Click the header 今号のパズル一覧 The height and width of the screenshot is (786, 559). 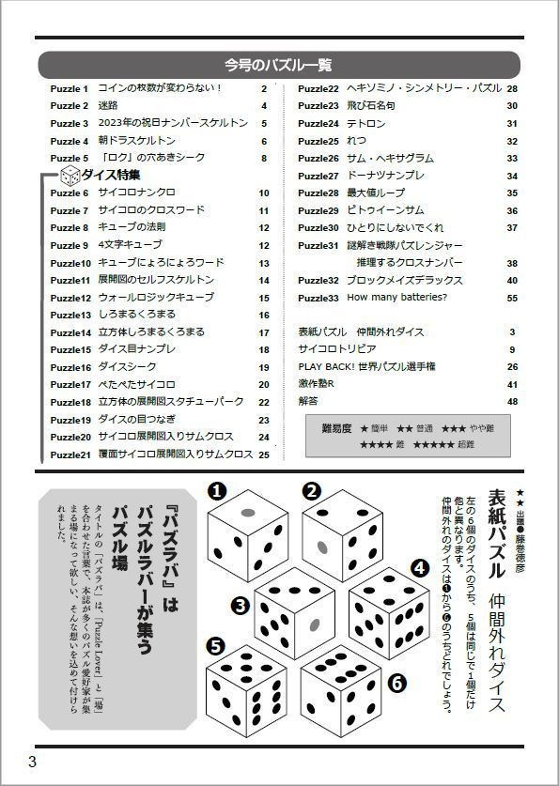tap(278, 65)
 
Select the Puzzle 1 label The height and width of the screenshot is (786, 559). tap(69, 88)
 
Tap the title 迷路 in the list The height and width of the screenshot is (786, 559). tap(108, 106)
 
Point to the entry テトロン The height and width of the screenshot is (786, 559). tap(365, 124)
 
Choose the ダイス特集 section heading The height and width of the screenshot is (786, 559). tap(111, 175)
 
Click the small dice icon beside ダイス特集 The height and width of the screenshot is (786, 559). tap(70, 175)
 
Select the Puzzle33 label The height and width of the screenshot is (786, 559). tap(318, 298)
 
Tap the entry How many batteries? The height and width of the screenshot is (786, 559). tap(397, 298)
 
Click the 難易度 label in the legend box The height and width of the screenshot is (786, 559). tap(335, 428)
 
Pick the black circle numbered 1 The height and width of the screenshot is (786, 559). tap(216, 490)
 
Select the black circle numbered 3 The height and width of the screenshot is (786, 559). tap(241, 605)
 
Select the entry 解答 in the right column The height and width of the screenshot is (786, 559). tap(308, 401)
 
